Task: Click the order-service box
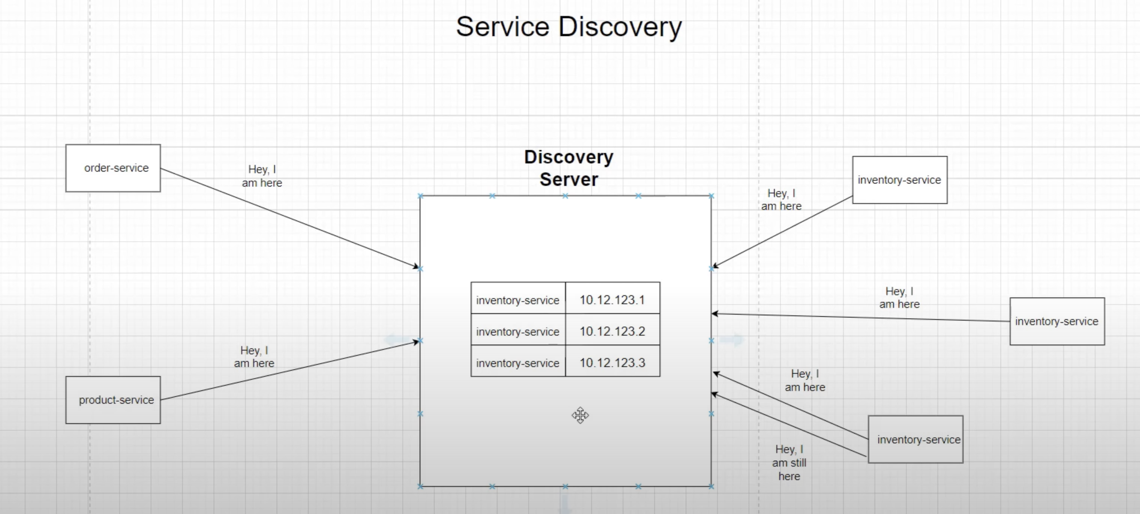(113, 168)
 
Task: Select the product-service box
(113, 400)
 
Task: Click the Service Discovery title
(569, 27)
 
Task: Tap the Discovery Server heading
(569, 168)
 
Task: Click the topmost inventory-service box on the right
(899, 180)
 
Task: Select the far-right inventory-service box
(1057, 321)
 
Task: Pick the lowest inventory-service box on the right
(915, 439)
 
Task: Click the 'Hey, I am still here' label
(789, 463)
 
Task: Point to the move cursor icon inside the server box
(580, 415)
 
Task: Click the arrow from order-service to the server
(290, 218)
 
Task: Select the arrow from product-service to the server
(290, 371)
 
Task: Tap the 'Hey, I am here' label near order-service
(262, 176)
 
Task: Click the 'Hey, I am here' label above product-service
(254, 357)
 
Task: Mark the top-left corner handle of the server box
(420, 196)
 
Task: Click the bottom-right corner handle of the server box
(711, 486)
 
